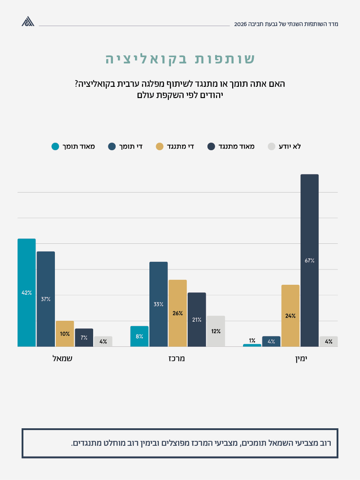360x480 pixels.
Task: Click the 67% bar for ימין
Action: click(x=309, y=260)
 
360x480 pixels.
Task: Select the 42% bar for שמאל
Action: click(x=27, y=292)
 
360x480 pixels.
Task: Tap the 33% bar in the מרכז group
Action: click(x=158, y=304)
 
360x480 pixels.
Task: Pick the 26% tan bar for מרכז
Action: click(x=177, y=313)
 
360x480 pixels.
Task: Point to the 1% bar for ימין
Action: click(x=252, y=345)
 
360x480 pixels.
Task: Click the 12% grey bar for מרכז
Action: click(x=216, y=331)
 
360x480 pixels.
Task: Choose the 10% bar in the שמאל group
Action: click(x=65, y=334)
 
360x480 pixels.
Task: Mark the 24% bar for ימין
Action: click(x=290, y=316)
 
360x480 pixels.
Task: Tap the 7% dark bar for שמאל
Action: click(x=84, y=337)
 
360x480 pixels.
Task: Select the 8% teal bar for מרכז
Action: click(x=139, y=336)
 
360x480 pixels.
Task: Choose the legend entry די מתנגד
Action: click(x=175, y=146)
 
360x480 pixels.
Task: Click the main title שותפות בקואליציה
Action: click(x=180, y=59)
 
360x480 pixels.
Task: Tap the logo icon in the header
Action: click(x=28, y=22)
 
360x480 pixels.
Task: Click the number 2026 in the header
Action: click(x=241, y=24)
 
